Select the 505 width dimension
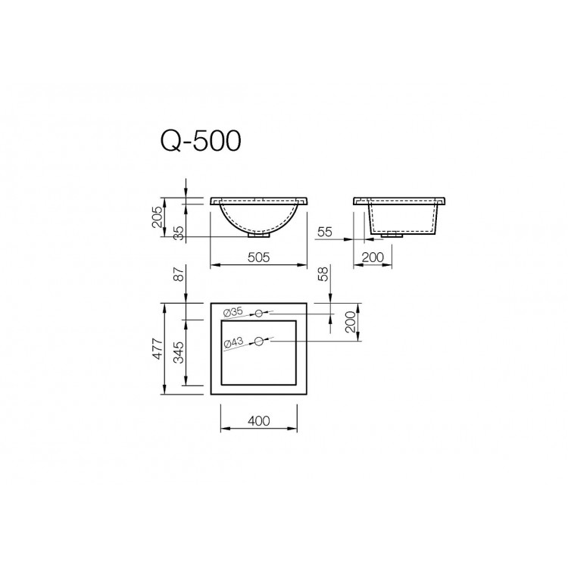pyautogui.click(x=258, y=257)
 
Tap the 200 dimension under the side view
pyautogui.click(x=373, y=257)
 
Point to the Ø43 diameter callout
pyautogui.click(x=233, y=344)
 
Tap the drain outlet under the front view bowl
pyautogui.click(x=257, y=235)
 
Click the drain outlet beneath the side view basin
pyautogui.click(x=392, y=234)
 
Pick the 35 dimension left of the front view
pyautogui.click(x=179, y=233)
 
